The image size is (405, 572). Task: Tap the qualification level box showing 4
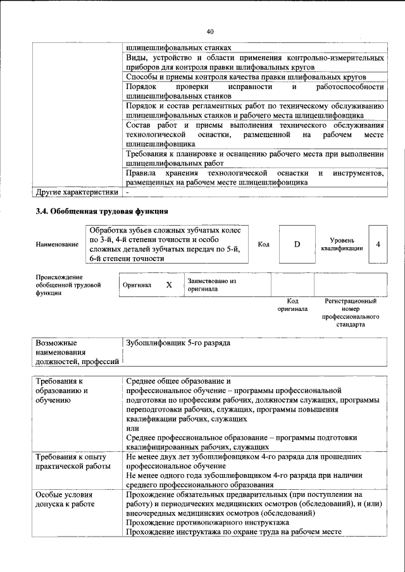click(378, 244)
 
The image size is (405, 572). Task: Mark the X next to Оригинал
click(169, 285)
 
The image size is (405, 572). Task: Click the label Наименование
click(58, 244)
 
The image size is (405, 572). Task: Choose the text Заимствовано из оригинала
click(211, 284)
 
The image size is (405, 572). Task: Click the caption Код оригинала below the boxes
click(292, 305)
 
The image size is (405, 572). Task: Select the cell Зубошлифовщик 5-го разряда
click(178, 343)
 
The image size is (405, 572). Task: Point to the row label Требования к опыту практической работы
click(71, 461)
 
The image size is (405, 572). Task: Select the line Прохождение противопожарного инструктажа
click(208, 523)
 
